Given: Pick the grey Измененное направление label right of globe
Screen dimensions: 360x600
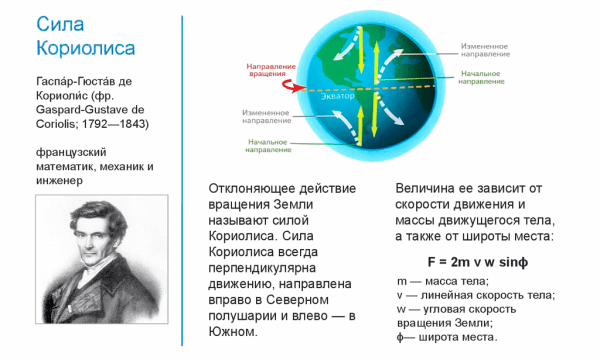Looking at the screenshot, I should (491, 48).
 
